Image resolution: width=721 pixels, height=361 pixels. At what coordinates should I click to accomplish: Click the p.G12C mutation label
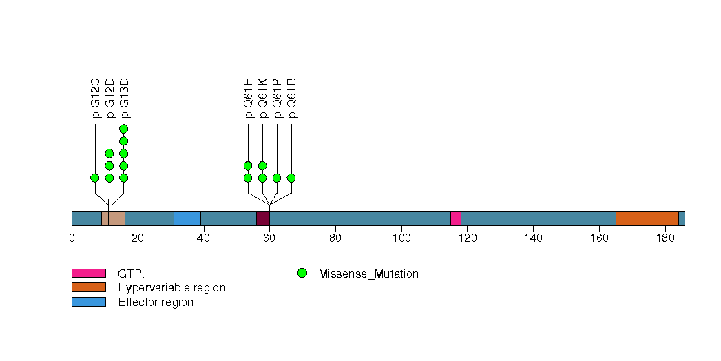click(96, 98)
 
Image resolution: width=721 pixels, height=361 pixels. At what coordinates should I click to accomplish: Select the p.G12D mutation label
click(110, 98)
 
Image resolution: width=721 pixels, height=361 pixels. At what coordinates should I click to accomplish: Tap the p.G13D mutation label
click(125, 98)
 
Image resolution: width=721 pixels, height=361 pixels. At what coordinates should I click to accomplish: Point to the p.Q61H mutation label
click(249, 98)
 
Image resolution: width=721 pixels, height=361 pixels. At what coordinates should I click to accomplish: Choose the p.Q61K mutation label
click(263, 98)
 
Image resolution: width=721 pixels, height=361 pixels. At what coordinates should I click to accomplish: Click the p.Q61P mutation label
click(278, 98)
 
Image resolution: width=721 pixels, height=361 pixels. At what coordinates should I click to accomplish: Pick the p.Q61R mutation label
click(292, 98)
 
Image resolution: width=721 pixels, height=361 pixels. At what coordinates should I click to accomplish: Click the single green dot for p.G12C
click(95, 178)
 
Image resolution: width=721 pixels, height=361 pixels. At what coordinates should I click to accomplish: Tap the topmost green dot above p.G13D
click(124, 129)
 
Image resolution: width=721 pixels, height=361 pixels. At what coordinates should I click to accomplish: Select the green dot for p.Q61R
click(291, 178)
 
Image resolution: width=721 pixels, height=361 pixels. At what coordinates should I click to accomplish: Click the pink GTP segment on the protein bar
click(455, 218)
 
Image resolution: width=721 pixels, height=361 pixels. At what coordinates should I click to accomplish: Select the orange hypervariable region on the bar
click(647, 218)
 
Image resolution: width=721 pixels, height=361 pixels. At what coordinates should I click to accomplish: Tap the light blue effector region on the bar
click(187, 218)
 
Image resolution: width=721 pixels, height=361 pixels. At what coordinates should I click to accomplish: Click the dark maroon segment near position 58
click(262, 218)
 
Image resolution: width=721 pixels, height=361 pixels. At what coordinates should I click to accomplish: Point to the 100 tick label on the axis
click(401, 238)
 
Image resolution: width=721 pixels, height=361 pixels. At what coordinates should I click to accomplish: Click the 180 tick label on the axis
click(665, 238)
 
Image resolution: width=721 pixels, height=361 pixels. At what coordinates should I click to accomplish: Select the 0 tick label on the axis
click(72, 238)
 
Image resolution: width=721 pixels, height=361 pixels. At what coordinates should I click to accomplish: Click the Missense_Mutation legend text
click(368, 274)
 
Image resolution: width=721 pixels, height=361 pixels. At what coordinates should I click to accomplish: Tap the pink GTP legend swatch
click(88, 274)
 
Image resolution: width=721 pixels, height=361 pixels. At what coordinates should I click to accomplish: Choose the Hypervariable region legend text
click(173, 288)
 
